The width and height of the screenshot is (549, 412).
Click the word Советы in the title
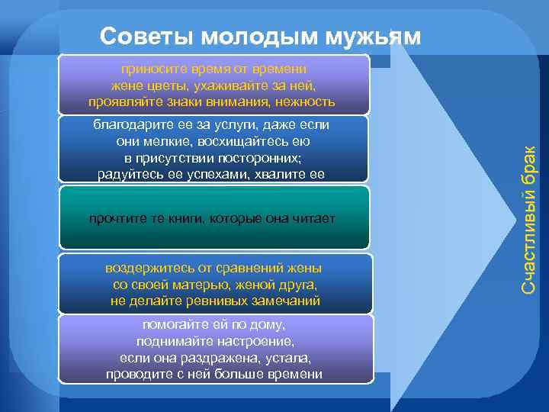tap(138, 37)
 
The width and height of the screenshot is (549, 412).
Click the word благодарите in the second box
tap(127, 124)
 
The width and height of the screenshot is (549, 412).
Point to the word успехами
tap(212, 175)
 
